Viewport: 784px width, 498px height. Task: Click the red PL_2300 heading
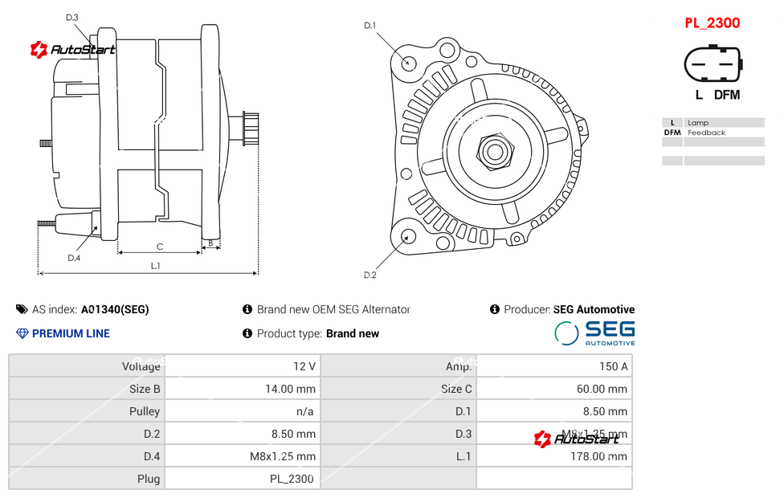[x=712, y=22]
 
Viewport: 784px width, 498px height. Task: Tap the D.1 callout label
[x=370, y=26]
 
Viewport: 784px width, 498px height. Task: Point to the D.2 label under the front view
[x=370, y=276]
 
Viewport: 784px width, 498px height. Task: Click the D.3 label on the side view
[x=71, y=17]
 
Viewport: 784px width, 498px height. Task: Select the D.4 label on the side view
[x=74, y=258]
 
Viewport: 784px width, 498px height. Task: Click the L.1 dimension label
[x=156, y=266]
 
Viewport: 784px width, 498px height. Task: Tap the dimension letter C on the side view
[x=160, y=247]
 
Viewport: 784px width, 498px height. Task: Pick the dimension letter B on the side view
[x=210, y=242]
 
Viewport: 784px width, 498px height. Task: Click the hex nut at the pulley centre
[x=495, y=150]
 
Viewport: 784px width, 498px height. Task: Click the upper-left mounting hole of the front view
[x=409, y=62]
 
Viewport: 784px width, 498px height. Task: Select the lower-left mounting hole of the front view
[x=408, y=236]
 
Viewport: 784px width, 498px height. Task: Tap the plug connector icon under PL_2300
[x=713, y=63]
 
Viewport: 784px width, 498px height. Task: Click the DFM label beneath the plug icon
[x=727, y=95]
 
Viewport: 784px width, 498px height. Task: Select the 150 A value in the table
[x=613, y=366]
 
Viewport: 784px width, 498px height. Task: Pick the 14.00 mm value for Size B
[x=290, y=389]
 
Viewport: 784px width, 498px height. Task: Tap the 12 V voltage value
[x=304, y=366]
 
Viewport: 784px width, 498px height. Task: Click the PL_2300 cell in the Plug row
[x=292, y=479]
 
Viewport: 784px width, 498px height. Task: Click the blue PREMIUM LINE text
[x=71, y=333]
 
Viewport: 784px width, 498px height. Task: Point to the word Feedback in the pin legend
[x=706, y=133]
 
